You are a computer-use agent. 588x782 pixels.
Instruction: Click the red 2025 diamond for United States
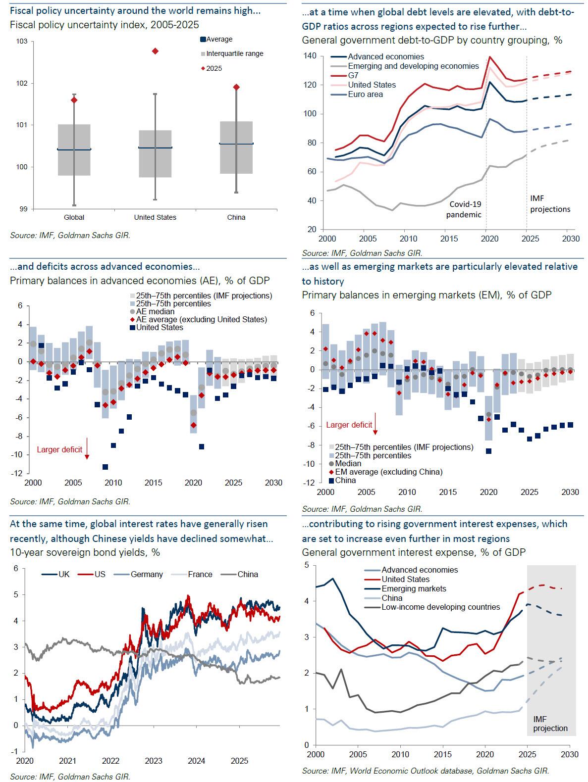(x=155, y=51)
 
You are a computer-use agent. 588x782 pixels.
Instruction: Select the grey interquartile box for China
(x=236, y=147)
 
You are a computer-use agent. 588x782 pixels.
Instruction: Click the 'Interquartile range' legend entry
(x=234, y=53)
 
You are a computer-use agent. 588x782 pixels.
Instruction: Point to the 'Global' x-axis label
(x=74, y=217)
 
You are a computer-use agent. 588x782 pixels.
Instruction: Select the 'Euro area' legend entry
(x=365, y=94)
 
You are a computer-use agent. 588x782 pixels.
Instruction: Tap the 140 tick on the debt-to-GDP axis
(x=310, y=56)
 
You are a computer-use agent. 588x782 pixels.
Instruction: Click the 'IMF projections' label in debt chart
(x=550, y=203)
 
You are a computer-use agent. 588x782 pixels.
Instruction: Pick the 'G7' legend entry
(x=354, y=75)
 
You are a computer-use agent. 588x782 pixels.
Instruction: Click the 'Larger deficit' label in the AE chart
(x=59, y=449)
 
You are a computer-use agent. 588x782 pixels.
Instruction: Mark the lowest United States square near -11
(x=105, y=467)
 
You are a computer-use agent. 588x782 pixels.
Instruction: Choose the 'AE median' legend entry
(x=155, y=312)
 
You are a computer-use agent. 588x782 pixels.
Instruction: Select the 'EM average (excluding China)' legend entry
(x=388, y=472)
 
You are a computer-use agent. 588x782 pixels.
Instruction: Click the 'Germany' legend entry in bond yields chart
(x=146, y=574)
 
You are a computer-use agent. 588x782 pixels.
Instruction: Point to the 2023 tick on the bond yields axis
(x=154, y=760)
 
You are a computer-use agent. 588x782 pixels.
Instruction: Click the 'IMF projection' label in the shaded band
(x=550, y=724)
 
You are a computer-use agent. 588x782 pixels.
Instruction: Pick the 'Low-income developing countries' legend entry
(x=440, y=607)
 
